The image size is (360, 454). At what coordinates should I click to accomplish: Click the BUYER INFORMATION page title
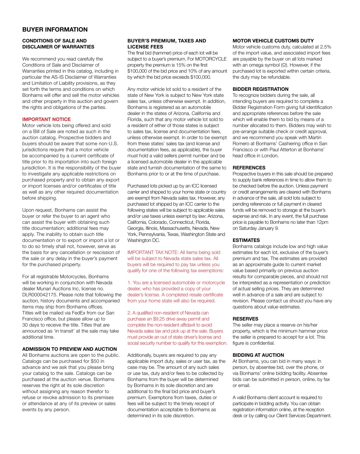(55, 30)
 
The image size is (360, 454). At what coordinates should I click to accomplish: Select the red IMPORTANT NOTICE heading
(46, 119)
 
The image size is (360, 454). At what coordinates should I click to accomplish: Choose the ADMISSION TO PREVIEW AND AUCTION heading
(69, 349)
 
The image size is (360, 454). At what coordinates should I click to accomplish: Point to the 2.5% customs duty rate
(325, 47)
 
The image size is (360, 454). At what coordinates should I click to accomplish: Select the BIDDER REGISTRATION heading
(260, 89)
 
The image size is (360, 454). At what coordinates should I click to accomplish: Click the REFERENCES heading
(249, 168)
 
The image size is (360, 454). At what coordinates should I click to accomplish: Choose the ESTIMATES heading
(246, 240)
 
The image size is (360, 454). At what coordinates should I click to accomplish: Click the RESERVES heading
(245, 319)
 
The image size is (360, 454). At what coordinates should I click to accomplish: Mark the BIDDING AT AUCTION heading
(258, 355)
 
